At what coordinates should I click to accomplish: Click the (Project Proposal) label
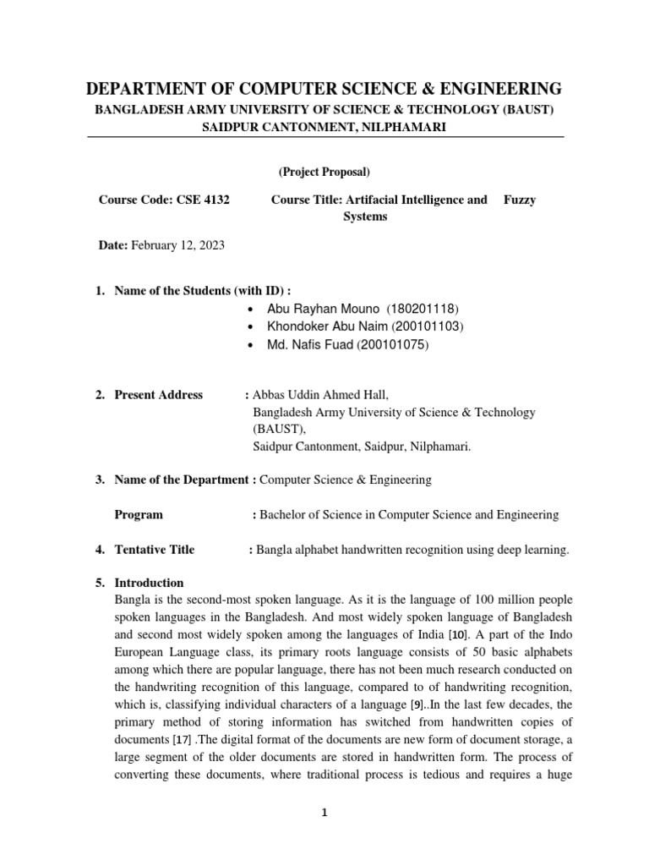[x=324, y=172]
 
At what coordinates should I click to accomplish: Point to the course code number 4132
[x=215, y=200]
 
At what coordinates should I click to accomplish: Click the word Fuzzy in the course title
[x=520, y=200]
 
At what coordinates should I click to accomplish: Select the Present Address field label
[x=159, y=395]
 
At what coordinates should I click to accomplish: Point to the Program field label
[x=139, y=514]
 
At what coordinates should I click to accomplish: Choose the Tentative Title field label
[x=155, y=550]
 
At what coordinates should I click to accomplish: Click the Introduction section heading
[x=149, y=583]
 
